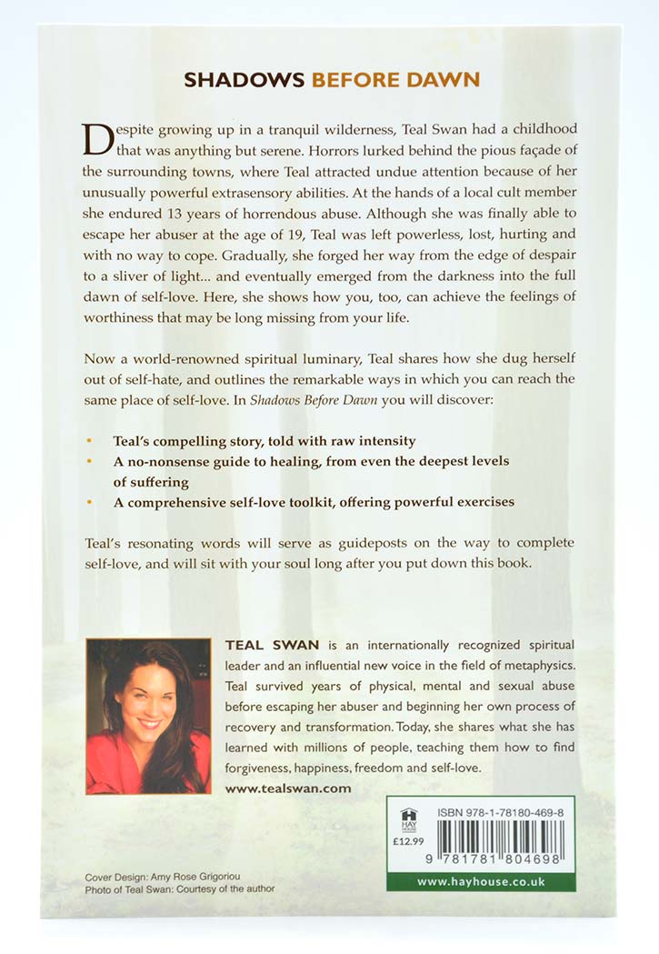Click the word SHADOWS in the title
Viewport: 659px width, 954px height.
245,80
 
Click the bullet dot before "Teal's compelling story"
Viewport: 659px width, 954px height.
88,440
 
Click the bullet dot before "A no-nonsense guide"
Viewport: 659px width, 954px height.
88,461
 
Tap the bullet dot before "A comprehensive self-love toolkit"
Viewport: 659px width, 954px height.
88,501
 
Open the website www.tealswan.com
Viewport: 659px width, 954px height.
287,788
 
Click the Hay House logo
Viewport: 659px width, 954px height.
407,816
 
